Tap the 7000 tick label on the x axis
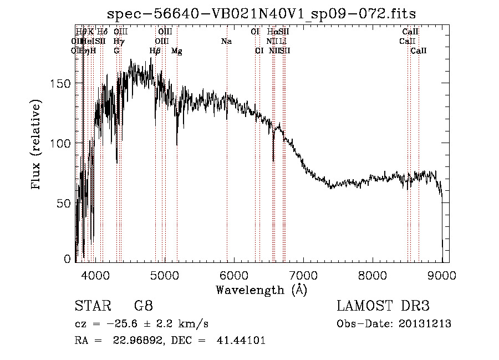(x=303, y=275)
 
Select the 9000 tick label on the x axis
(x=441, y=275)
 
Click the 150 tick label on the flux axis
(x=62, y=83)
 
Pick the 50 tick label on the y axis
(x=65, y=203)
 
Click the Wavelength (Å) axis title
(x=261, y=289)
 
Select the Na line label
(x=226, y=42)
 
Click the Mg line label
(x=177, y=51)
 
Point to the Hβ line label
(x=155, y=51)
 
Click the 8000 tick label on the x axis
(x=372, y=275)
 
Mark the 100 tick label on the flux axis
(x=62, y=143)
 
